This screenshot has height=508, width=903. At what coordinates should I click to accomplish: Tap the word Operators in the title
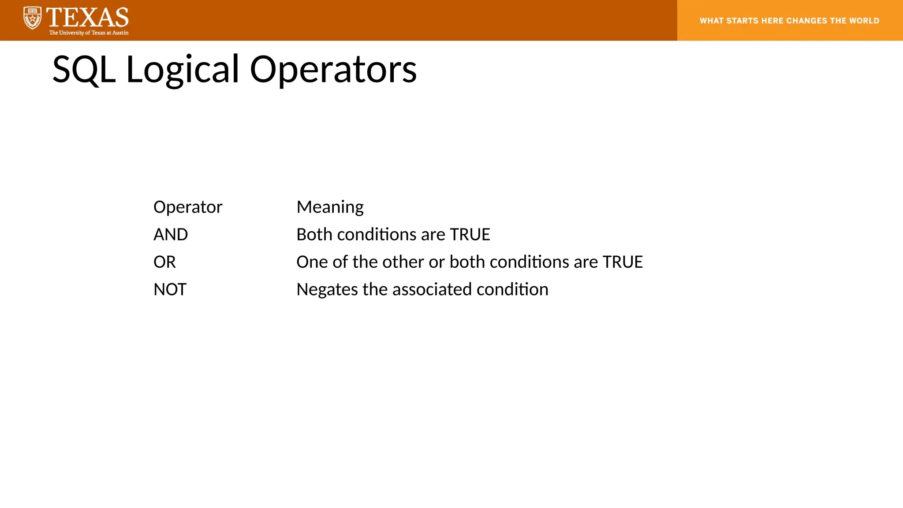[333, 70]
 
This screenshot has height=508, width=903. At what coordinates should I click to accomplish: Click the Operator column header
[188, 207]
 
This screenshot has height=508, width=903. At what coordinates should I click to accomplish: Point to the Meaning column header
[330, 207]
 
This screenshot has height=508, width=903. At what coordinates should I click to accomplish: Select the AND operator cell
[171, 235]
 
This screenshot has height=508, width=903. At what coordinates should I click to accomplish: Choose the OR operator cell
[164, 262]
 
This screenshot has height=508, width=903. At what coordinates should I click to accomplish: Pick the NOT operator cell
[170, 290]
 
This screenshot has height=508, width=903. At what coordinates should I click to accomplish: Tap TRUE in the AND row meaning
[470, 235]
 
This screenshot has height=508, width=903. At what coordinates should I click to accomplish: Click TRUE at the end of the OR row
[623, 262]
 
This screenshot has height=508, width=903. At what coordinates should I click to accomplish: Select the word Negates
[327, 290]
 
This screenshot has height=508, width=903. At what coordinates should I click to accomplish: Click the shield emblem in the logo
[32, 18]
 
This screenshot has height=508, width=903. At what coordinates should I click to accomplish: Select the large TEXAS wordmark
[87, 17]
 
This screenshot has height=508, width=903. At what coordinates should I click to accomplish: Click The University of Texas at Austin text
[89, 33]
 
